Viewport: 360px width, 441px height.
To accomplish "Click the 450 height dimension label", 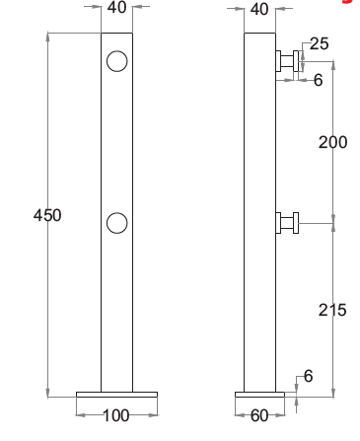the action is (47, 215).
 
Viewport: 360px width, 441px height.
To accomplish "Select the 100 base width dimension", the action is (116, 415).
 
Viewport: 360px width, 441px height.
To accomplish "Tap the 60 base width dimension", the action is (259, 416).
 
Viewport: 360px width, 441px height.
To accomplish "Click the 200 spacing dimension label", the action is (332, 142).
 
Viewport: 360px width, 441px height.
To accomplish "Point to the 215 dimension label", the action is (332, 310).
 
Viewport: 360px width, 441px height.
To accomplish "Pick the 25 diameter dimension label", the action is (319, 43).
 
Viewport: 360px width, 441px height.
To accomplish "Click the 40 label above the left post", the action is (116, 7).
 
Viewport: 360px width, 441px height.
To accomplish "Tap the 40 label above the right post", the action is (259, 9).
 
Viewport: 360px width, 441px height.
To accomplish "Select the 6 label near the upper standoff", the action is (318, 80).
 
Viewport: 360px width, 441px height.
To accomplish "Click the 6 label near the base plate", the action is (308, 376).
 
